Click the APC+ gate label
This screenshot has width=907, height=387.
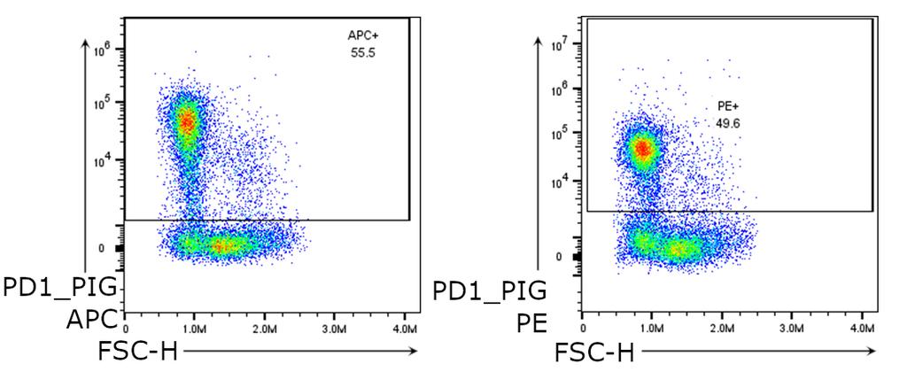point(362,35)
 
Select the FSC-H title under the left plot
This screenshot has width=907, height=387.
point(136,352)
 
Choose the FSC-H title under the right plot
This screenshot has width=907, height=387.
point(594,352)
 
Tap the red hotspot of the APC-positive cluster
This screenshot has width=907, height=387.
point(187,121)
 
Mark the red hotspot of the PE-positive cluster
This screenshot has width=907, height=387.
point(642,150)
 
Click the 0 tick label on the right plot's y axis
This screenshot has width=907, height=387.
point(559,257)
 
